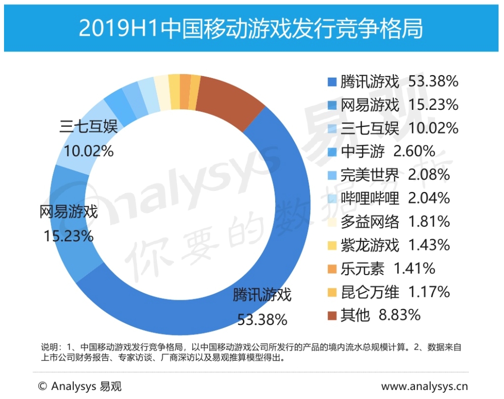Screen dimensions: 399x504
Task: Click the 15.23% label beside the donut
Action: (69, 236)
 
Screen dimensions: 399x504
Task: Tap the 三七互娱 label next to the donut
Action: (89, 126)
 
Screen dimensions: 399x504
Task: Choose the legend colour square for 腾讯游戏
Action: (331, 82)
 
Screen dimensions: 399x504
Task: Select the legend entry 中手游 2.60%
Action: (387, 151)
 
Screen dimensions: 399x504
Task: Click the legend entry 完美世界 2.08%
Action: (395, 175)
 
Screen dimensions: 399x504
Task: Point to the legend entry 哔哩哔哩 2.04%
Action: (395, 198)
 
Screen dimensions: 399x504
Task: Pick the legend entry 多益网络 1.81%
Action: (395, 222)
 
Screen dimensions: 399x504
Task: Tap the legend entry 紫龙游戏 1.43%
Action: (395, 245)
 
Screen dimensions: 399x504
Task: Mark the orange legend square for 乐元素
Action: (331, 269)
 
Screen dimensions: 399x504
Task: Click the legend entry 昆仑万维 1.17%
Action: (395, 292)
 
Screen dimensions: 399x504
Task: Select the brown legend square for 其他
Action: (331, 316)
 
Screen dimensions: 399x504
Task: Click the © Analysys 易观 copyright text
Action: (79, 386)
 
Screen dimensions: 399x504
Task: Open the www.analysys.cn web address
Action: (425, 386)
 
